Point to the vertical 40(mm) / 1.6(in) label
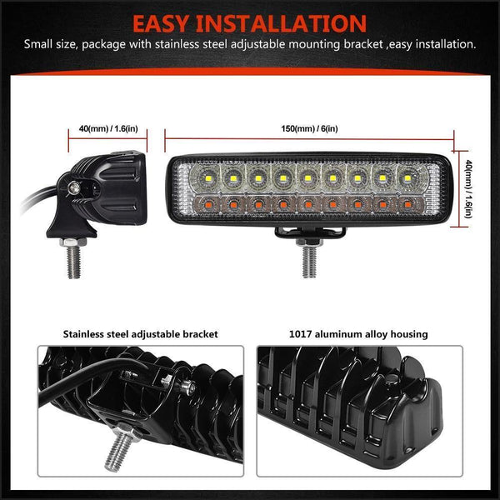click(468, 189)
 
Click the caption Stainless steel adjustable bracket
click(140, 333)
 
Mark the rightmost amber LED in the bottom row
click(408, 202)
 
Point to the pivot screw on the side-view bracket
click(74, 188)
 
